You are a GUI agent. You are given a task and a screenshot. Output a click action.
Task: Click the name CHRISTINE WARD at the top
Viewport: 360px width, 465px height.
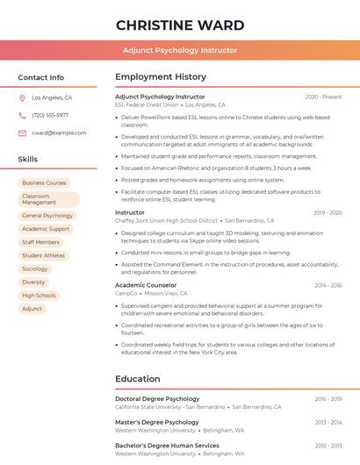(x=180, y=25)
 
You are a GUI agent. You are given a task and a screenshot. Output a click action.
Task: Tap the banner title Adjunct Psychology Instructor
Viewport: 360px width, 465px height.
(x=180, y=50)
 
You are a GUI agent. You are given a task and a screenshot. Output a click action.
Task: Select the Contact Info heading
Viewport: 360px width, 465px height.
(x=41, y=77)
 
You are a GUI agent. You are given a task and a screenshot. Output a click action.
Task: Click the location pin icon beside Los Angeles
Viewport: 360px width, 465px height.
(x=22, y=98)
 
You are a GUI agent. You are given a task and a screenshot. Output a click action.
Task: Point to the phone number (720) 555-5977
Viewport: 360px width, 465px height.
(x=50, y=115)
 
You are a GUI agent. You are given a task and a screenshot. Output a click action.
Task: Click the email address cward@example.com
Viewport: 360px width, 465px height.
(x=59, y=132)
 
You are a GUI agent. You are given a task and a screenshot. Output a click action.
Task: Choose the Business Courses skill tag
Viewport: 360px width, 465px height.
(x=45, y=183)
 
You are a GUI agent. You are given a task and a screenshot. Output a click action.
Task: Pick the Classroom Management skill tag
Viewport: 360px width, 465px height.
(x=47, y=199)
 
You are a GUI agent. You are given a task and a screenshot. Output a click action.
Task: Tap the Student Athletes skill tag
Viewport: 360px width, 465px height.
(x=44, y=255)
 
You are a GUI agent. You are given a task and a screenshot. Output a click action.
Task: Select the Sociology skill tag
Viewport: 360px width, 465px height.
(x=35, y=268)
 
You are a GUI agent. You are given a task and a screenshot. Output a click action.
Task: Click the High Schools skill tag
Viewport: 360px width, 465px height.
(x=40, y=296)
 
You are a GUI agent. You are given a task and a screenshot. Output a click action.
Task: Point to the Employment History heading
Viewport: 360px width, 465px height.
(x=161, y=77)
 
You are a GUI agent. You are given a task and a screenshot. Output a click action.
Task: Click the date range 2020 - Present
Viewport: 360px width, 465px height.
(x=323, y=97)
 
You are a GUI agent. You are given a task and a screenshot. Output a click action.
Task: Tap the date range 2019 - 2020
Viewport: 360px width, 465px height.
(x=328, y=212)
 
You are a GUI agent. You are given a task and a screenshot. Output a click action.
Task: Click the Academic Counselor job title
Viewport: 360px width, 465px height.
(x=146, y=285)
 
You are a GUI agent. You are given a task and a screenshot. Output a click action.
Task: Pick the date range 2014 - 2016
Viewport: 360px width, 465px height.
(x=328, y=285)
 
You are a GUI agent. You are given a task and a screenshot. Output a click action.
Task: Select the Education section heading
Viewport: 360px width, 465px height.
(x=137, y=379)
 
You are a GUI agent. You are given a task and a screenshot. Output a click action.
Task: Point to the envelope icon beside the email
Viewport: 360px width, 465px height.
(x=22, y=132)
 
